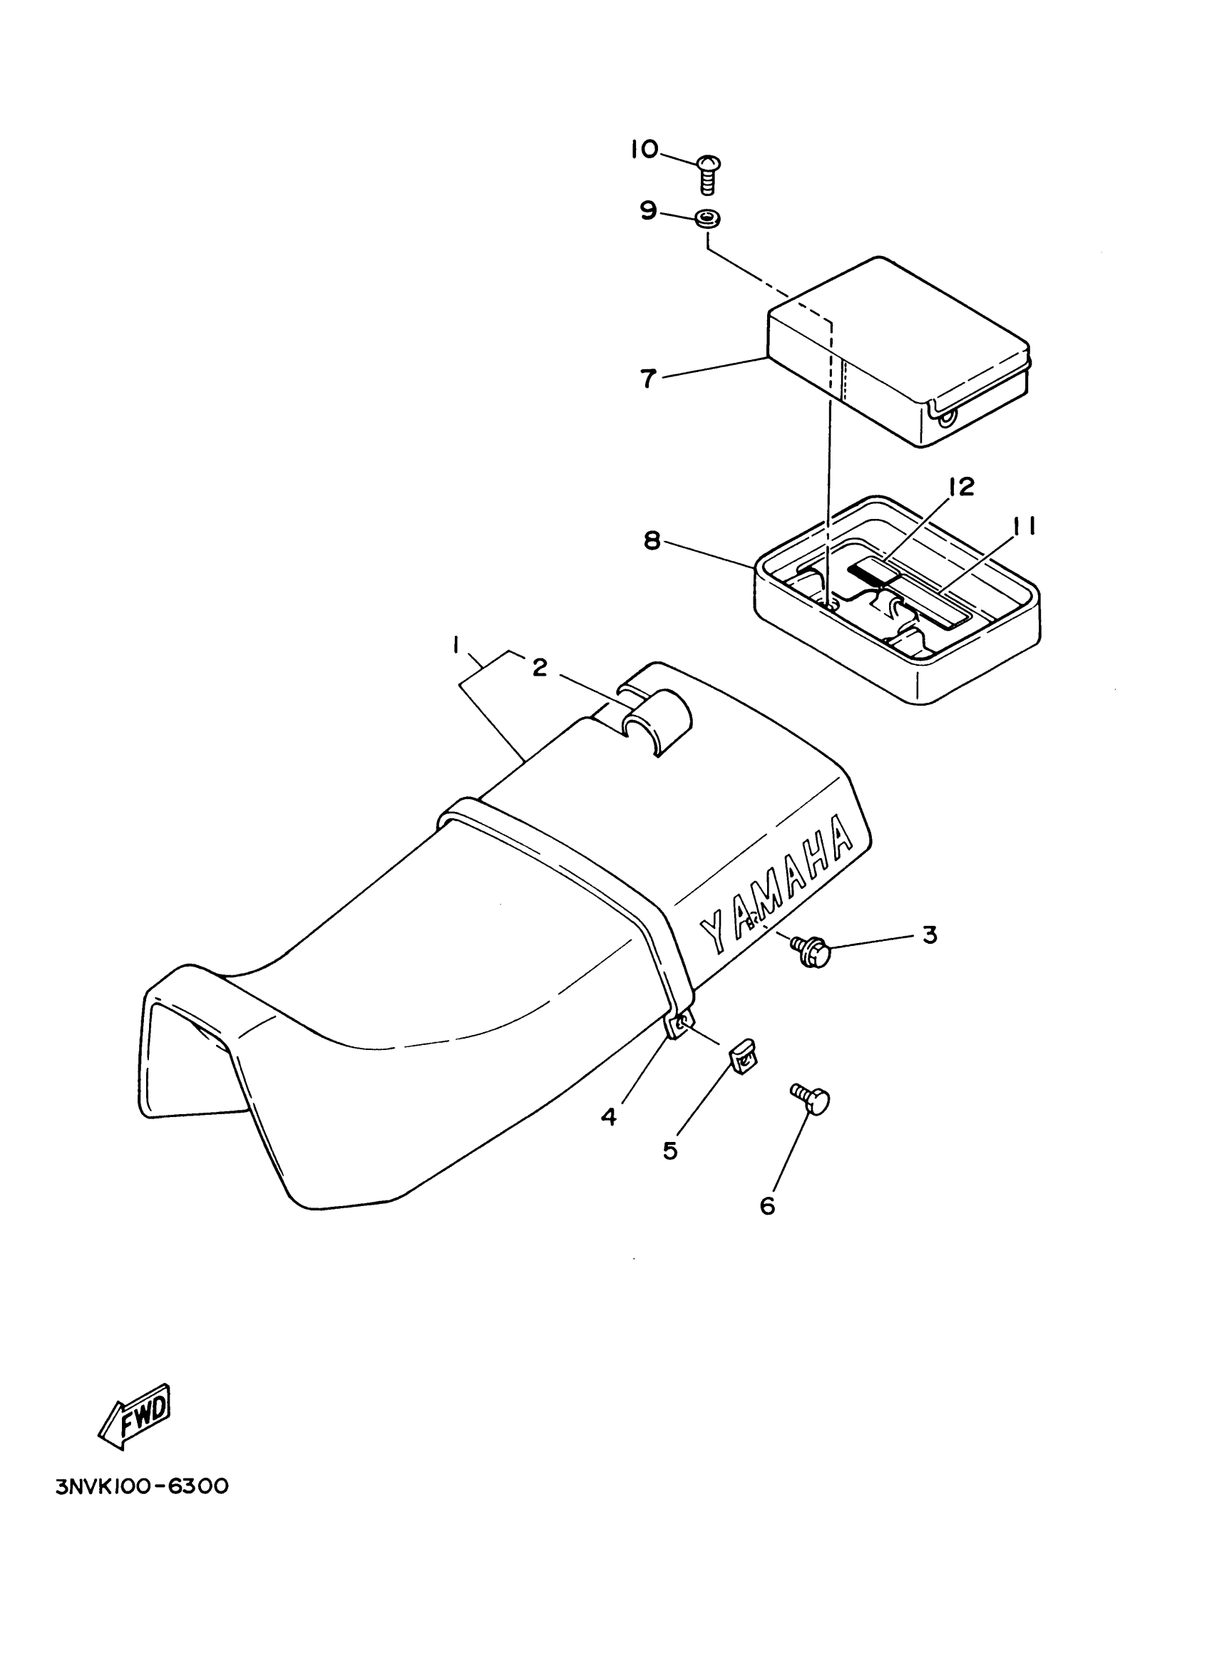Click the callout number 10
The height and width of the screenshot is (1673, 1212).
click(x=643, y=150)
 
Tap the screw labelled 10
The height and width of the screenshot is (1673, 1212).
click(x=708, y=174)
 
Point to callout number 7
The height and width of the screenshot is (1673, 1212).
click(x=647, y=379)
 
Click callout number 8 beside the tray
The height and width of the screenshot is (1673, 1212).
click(x=652, y=541)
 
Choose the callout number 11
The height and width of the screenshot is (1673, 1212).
click(x=1022, y=526)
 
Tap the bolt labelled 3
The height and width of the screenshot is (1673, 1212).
click(x=811, y=952)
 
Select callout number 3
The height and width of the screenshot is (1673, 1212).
click(x=930, y=935)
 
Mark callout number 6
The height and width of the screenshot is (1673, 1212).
click(x=767, y=1206)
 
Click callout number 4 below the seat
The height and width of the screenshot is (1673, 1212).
click(x=609, y=1117)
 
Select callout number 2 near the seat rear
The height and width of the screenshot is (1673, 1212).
click(x=540, y=668)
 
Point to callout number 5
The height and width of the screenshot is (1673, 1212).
click(x=670, y=1150)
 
